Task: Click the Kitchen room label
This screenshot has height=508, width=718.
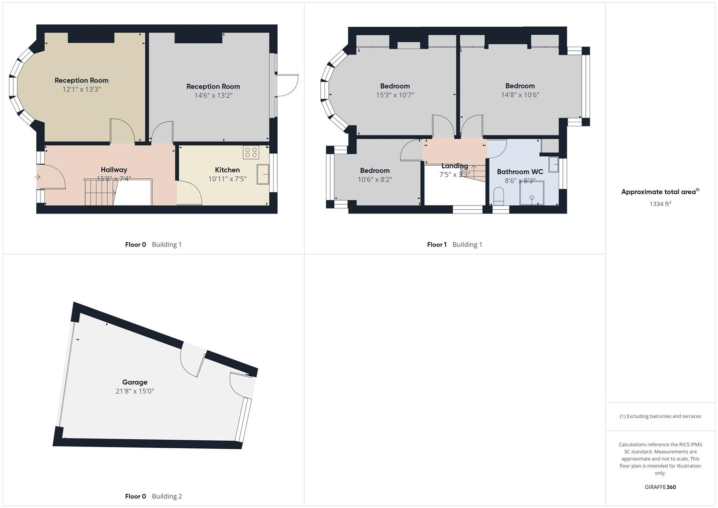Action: click(x=227, y=170)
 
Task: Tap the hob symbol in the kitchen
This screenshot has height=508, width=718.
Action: click(x=251, y=152)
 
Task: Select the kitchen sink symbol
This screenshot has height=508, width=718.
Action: click(x=263, y=174)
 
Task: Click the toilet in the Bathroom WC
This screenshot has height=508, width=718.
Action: click(x=499, y=195)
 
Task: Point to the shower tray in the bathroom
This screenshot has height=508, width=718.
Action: click(x=532, y=193)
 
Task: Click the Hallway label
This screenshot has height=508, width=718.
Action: click(x=114, y=170)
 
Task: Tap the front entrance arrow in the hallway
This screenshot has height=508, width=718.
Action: click(x=38, y=177)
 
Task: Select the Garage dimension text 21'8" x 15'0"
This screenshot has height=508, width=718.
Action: click(x=135, y=391)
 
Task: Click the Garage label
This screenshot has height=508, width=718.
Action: click(x=135, y=382)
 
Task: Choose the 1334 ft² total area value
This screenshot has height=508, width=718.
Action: click(x=660, y=204)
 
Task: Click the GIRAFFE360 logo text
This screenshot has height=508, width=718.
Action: click(x=660, y=487)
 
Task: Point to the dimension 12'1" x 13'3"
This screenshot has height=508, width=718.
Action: click(x=81, y=89)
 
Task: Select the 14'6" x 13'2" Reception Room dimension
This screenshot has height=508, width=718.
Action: click(x=213, y=95)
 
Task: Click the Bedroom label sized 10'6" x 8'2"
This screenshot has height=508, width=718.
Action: click(x=375, y=171)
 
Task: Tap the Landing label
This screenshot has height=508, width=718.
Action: click(x=454, y=166)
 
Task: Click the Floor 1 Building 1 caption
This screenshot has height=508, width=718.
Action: click(x=454, y=245)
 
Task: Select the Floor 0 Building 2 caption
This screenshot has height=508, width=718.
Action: click(x=153, y=496)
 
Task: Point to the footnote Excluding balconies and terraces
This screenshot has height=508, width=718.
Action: click(x=660, y=416)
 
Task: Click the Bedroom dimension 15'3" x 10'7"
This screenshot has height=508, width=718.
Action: click(x=395, y=95)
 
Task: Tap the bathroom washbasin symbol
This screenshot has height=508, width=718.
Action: click(x=553, y=164)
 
